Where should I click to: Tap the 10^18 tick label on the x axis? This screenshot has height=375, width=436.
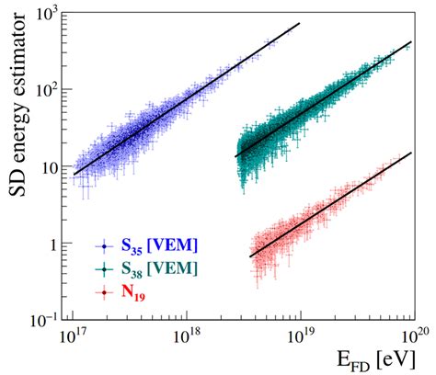tap(188, 337)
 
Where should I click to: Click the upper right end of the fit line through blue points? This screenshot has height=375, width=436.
tap(300, 23)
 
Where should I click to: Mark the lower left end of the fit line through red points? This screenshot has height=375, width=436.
tap(250, 256)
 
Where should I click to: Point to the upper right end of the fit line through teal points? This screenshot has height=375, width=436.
tap(411, 41)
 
